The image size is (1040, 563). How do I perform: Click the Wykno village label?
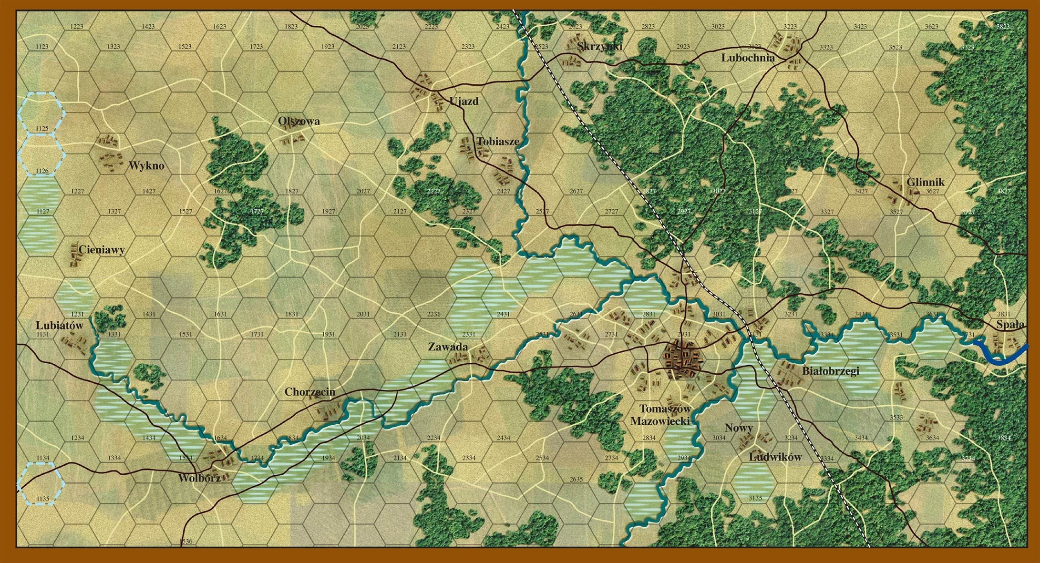pos(146,166)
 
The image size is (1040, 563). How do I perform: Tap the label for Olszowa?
pos(299,121)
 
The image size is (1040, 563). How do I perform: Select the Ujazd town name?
pos(463,101)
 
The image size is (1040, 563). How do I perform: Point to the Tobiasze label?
pos(497,141)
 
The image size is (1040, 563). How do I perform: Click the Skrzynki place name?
pos(600,46)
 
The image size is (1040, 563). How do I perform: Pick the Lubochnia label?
pos(748,58)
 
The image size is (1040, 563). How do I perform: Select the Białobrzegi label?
pos(831,371)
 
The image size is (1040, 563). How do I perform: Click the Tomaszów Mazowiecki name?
pos(661,415)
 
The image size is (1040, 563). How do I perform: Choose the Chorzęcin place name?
pos(310,392)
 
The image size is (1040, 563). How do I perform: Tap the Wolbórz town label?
pos(199,478)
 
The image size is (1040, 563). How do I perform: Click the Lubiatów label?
pos(60,325)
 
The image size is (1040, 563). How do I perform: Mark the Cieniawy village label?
pos(102,249)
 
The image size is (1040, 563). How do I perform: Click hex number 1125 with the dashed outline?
pos(42,129)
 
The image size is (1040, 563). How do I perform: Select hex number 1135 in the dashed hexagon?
pos(42,499)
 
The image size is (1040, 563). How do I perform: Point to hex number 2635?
pos(576,479)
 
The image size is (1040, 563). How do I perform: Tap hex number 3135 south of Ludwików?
pos(755,498)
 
